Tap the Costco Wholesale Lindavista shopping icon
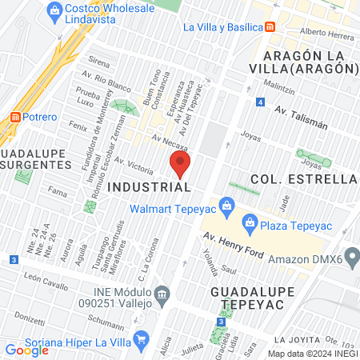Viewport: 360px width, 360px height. tap(54, 10)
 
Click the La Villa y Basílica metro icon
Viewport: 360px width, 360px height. tap(270, 26)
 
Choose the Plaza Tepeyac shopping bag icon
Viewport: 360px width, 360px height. tap(250, 222)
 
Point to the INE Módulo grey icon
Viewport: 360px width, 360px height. tap(163, 292)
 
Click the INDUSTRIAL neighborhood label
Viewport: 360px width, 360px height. tap(149, 186)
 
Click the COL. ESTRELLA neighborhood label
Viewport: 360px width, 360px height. tap(302, 178)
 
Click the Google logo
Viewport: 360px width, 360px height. tap(26, 350)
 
